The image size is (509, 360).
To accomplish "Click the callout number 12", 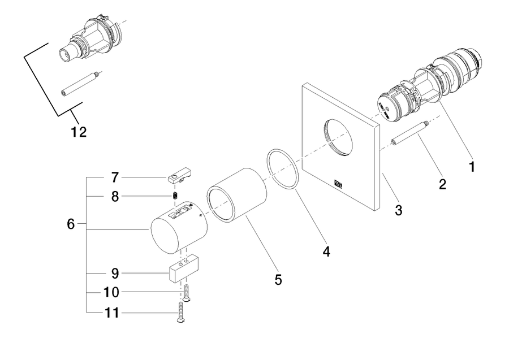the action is (x=79, y=132).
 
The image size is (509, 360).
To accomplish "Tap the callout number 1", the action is (x=472, y=167).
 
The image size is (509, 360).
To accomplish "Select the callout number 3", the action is (x=399, y=210).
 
